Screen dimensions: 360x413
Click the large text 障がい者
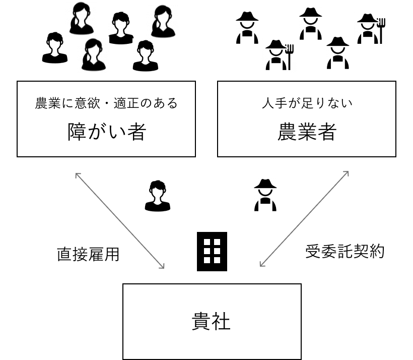click(x=106, y=133)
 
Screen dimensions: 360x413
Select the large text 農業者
click(x=306, y=133)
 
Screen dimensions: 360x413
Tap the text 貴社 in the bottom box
click(x=212, y=321)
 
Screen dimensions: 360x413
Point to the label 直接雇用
click(x=88, y=254)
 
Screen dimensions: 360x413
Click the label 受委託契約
click(x=345, y=251)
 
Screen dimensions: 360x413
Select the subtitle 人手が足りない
click(x=306, y=104)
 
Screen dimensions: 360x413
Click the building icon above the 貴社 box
click(x=212, y=248)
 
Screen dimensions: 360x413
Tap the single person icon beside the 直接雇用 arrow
click(x=157, y=196)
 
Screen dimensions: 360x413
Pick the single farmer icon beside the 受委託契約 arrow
click(x=265, y=196)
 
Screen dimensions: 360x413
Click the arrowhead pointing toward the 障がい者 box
click(x=77, y=174)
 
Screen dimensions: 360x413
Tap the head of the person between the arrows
click(x=157, y=190)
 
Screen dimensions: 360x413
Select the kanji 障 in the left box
click(x=77, y=133)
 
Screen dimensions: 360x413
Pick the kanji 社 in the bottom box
click(x=222, y=321)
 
